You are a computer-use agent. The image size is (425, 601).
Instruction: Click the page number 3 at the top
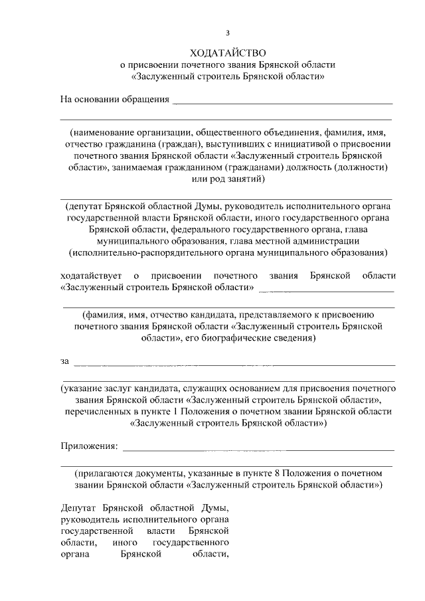(228, 33)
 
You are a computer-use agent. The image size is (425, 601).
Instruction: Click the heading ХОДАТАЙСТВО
(228, 52)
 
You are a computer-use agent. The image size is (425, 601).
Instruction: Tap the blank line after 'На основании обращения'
(282, 102)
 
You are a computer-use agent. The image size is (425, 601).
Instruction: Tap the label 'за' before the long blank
(64, 361)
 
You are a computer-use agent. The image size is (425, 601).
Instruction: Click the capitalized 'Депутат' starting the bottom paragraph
(79, 509)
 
